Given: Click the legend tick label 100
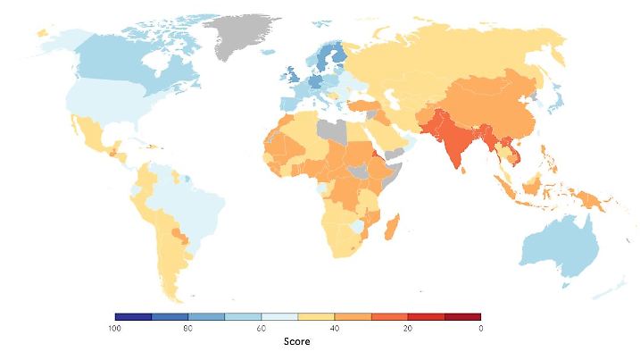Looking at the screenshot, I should point(114,328).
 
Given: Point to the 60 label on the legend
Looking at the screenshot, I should point(262,328).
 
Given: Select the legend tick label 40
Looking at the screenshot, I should point(335,328).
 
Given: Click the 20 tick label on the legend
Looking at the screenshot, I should point(408,328).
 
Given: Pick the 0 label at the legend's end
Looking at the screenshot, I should point(480,328).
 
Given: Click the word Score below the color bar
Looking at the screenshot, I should point(297,342).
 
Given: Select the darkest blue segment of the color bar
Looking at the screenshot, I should point(133,316).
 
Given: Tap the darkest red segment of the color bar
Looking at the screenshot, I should point(461,316).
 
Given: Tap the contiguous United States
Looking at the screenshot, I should point(107,103).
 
